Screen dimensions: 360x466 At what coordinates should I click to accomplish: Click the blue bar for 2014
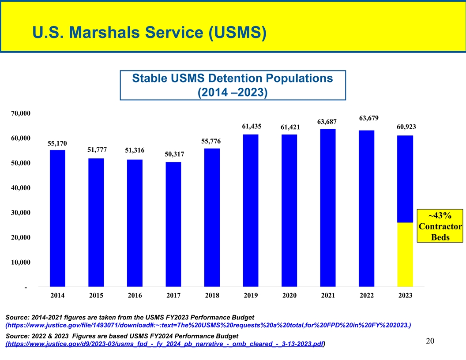tap(57, 218)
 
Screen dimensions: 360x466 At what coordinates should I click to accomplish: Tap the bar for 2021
tap(327, 207)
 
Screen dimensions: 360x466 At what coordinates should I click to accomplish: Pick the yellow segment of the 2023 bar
tap(405, 254)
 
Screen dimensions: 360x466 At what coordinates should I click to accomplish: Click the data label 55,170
tap(57, 143)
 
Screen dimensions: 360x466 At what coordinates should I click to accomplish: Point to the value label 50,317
tap(174, 154)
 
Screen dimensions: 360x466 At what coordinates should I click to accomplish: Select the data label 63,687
tap(327, 122)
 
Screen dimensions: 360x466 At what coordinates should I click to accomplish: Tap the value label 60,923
tap(406, 127)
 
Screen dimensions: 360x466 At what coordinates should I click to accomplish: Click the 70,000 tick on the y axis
tap(20, 113)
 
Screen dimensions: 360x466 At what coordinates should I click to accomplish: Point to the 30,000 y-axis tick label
tap(20, 213)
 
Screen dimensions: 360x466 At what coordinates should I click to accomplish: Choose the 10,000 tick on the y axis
tap(20, 262)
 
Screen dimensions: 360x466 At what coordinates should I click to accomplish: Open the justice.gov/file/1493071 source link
tap(208, 326)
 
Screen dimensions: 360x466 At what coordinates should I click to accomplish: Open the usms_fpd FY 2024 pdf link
tap(165, 344)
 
